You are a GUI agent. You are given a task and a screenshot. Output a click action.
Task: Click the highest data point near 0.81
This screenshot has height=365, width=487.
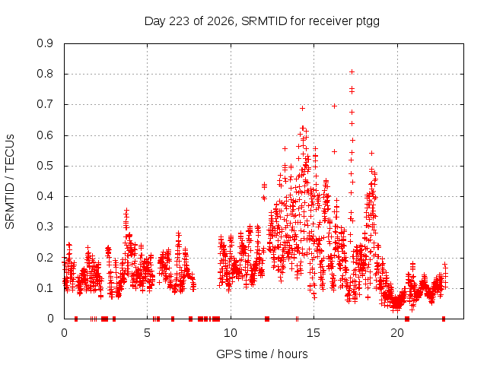click(352, 72)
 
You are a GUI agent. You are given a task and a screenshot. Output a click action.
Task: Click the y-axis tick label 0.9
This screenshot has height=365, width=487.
click(45, 43)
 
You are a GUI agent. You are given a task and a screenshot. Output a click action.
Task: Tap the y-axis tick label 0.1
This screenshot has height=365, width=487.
click(45, 288)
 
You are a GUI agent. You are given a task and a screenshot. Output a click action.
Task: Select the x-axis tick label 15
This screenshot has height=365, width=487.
click(314, 333)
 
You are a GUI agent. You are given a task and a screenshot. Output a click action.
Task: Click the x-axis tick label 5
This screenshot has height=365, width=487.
click(147, 333)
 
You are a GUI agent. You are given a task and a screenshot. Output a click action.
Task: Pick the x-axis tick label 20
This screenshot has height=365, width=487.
click(397, 333)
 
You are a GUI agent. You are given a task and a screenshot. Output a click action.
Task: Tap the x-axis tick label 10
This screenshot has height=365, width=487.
click(231, 333)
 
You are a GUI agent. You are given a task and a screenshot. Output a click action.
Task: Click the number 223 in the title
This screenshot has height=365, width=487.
click(180, 21)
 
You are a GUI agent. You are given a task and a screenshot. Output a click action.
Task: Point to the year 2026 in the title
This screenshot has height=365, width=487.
click(221, 21)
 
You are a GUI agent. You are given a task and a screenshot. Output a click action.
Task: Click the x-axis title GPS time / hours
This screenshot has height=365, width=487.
click(262, 354)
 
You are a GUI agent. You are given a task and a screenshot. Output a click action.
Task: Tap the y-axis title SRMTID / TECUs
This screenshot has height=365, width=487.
click(10, 182)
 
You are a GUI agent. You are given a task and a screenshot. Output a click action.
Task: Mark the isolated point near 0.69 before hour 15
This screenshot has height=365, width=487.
click(302, 108)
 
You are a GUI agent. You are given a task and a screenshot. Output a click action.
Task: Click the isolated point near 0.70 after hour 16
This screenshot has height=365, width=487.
click(334, 106)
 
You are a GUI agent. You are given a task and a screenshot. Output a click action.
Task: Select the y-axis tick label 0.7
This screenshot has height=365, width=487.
click(45, 104)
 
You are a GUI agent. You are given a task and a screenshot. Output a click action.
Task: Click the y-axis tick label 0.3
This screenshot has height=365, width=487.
click(45, 227)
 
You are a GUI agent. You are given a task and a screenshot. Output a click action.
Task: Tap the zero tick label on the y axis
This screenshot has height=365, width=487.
click(50, 319)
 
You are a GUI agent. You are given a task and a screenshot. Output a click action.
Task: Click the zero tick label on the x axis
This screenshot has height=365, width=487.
click(64, 333)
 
